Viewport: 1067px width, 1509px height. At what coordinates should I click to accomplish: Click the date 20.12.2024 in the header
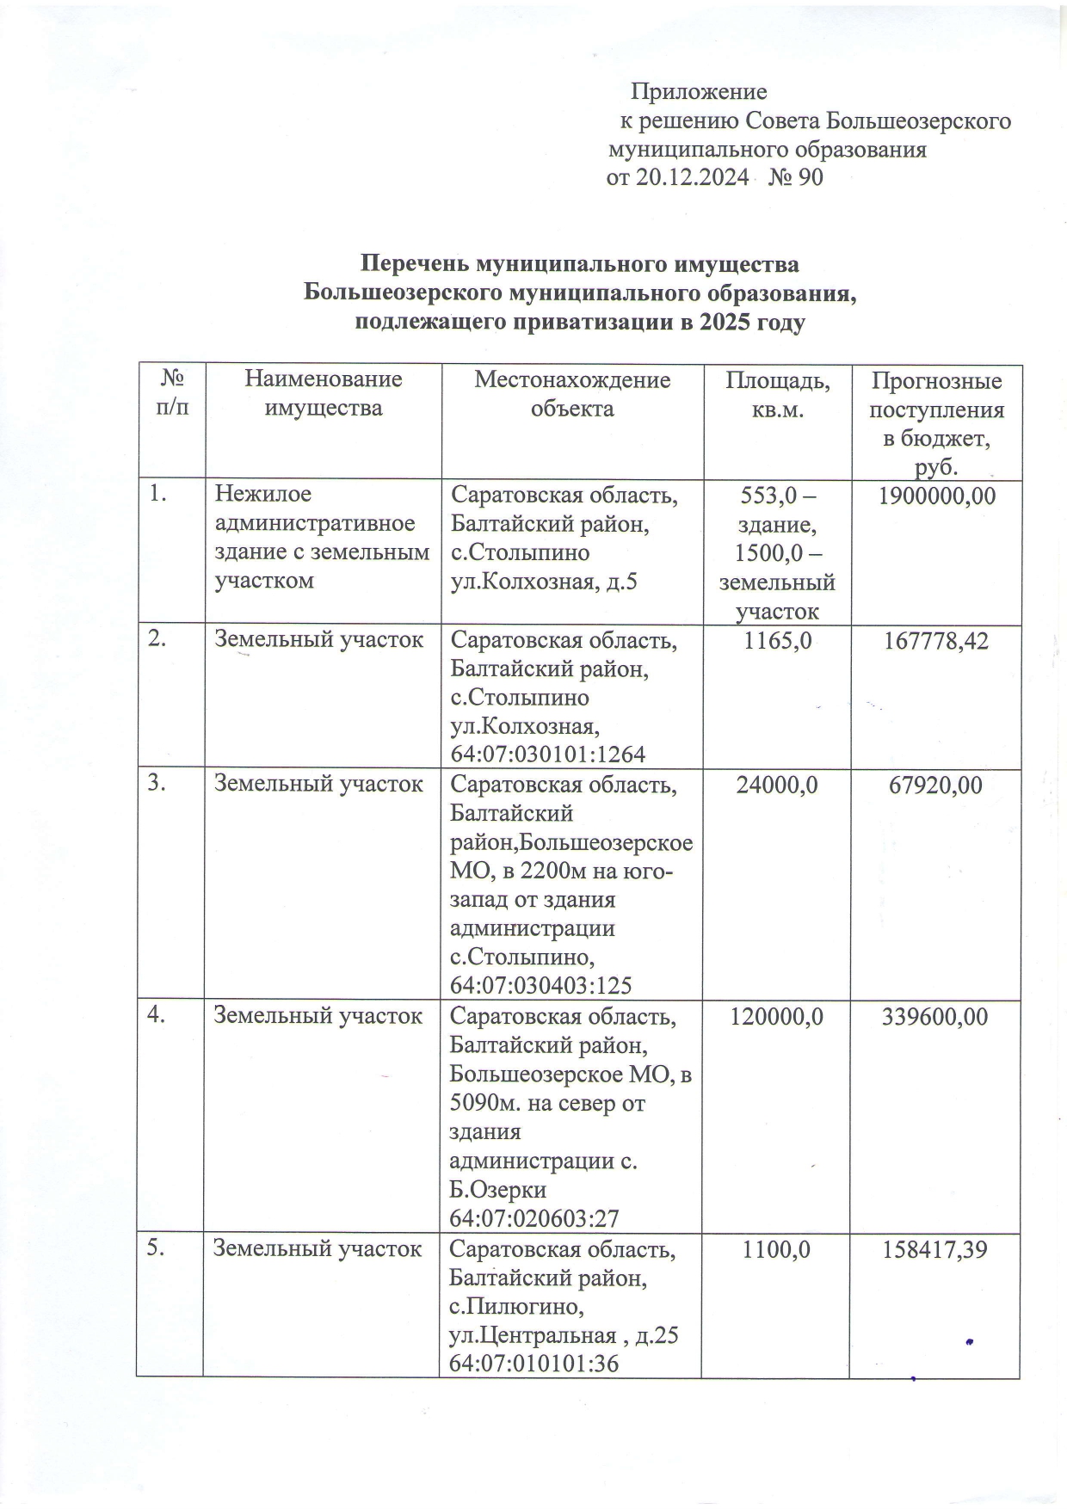coord(691,178)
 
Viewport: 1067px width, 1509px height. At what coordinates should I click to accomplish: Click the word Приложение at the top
coord(699,91)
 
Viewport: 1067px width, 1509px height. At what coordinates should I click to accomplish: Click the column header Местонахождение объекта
coord(572,393)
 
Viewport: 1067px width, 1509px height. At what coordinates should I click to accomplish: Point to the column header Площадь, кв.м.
coord(777,393)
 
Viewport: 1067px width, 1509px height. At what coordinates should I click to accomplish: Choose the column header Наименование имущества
coord(323,393)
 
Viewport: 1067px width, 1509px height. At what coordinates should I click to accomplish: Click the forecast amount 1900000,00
coord(936,496)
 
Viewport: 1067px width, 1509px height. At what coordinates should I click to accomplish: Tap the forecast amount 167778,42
coord(936,640)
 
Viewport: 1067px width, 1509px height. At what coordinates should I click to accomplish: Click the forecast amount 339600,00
coord(935,1016)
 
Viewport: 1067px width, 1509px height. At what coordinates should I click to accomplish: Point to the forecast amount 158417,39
coord(935,1248)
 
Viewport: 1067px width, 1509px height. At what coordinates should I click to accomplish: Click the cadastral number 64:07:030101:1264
coord(548,754)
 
